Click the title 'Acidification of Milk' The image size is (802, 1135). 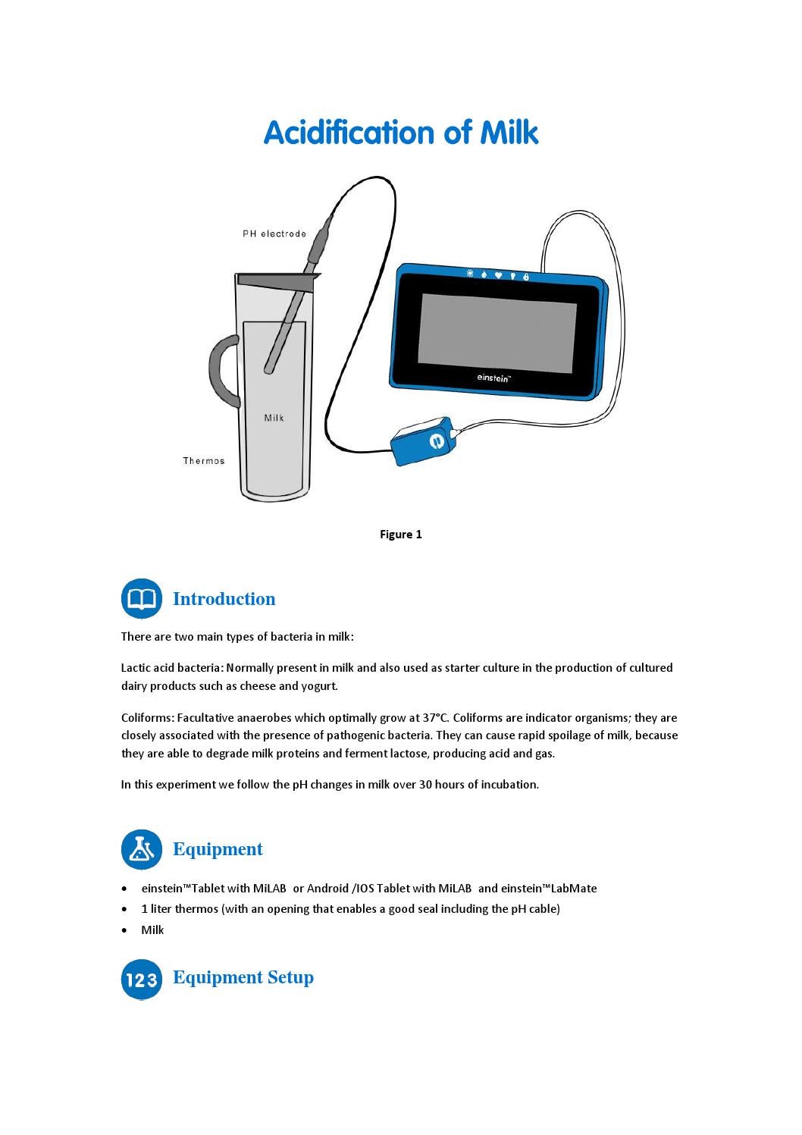tap(400, 133)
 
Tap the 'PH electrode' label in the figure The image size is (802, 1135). tap(274, 234)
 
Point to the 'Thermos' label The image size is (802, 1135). tap(203, 461)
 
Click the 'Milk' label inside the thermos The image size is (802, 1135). tap(274, 418)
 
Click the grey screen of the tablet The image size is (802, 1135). tap(497, 333)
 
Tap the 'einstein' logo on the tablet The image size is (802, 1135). tap(493, 378)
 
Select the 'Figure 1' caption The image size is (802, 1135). tap(400, 535)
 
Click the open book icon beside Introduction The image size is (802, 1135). tap(141, 599)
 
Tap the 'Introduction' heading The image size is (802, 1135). tap(224, 599)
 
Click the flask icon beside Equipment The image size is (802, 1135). tap(141, 849)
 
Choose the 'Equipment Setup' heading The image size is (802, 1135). tap(243, 977)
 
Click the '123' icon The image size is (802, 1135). tap(141, 980)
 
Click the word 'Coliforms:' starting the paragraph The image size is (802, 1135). tap(148, 718)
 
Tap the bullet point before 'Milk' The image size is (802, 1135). tap(124, 930)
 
